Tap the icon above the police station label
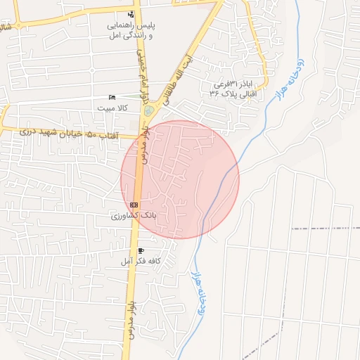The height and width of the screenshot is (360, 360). click(x=131, y=14)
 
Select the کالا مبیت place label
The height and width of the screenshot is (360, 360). click(x=112, y=108)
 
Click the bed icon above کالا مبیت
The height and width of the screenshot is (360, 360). click(x=112, y=97)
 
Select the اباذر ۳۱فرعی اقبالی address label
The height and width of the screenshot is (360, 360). click(x=240, y=88)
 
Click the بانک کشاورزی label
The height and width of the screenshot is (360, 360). click(x=133, y=214)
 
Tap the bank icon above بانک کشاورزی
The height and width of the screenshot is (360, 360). click(x=134, y=204)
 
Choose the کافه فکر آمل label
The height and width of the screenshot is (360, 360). click(x=141, y=262)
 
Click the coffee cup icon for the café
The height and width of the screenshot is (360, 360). click(x=141, y=251)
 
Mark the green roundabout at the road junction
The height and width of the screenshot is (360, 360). click(x=148, y=110)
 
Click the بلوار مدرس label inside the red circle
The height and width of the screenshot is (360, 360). click(x=144, y=148)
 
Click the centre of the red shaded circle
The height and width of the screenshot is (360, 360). click(x=180, y=179)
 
